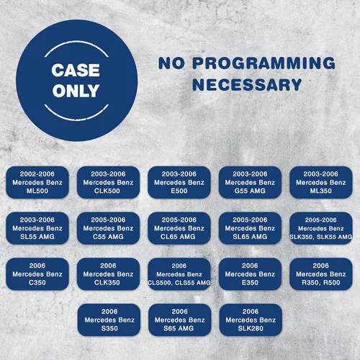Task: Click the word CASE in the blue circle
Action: coord(76,71)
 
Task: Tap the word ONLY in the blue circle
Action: coord(76,91)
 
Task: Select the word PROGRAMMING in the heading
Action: coord(264,63)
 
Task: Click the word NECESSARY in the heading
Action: coord(247,84)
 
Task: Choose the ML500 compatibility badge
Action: coord(37,182)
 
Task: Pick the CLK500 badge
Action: coord(108,182)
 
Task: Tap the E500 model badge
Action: coord(179,182)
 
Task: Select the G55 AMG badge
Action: coord(250,182)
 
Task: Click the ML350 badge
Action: coord(321,182)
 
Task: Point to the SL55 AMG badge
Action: coord(37,228)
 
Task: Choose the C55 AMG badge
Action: coord(108,228)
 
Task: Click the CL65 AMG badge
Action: coord(179,228)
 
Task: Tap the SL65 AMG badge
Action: coord(250,228)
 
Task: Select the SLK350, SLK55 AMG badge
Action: coord(321,228)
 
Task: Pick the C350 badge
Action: coord(37,274)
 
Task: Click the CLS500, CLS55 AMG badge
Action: coord(179,274)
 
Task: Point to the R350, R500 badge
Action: coord(321,274)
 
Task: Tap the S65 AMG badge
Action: coord(180,320)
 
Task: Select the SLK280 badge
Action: coord(251,320)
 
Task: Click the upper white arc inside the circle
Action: coord(76,42)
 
